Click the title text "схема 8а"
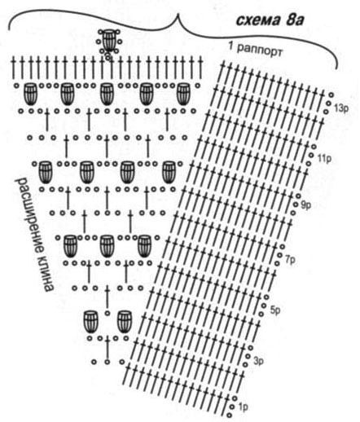click(270, 21)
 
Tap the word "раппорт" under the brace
click(259, 51)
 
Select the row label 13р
click(341, 109)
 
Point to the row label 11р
click(324, 159)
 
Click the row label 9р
click(306, 205)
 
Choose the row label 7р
click(290, 261)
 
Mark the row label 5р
click(274, 310)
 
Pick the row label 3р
click(259, 361)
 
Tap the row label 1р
click(243, 407)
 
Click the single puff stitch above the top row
click(108, 41)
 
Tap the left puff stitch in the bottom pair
click(91, 322)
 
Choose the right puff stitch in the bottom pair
click(125, 322)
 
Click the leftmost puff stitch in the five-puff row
click(30, 95)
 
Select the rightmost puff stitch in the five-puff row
click(183, 95)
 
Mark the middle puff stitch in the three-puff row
click(107, 246)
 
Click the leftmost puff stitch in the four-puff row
click(46, 173)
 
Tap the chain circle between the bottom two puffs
click(108, 314)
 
